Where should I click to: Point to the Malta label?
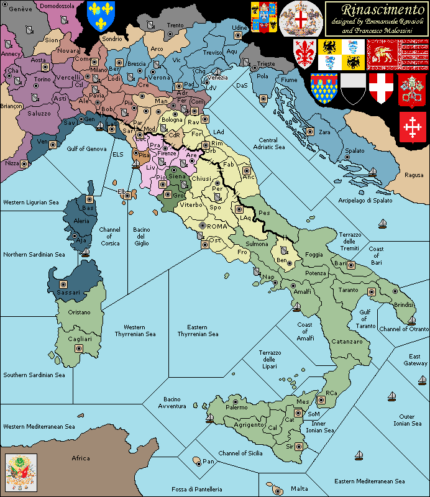[299, 488]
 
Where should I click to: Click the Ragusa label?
[414, 175]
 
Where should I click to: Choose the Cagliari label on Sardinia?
[80, 339]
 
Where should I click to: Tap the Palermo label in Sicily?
[236, 408]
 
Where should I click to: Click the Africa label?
[81, 458]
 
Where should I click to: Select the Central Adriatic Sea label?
[272, 144]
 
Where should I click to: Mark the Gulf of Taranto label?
[367, 319]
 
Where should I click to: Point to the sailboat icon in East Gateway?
[392, 396]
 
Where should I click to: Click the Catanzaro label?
[347, 342]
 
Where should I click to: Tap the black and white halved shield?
[352, 88]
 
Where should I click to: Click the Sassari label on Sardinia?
[67, 292]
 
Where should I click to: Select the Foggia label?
[314, 254]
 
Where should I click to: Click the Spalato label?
[355, 151]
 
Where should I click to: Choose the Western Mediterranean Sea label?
[39, 427]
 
